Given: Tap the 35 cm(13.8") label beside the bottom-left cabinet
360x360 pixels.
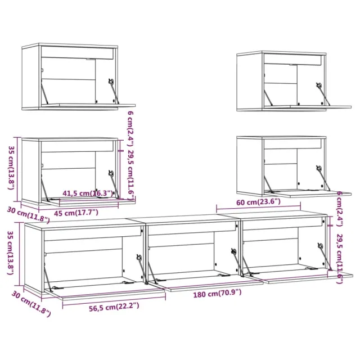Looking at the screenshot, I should coord(10,253).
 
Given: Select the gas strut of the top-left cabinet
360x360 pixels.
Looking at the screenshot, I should coord(114,91).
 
